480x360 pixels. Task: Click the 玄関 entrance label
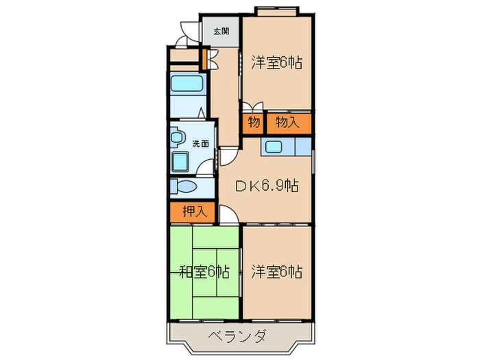pos(220,32)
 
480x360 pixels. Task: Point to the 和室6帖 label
pos(204,272)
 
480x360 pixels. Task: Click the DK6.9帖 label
pos(267,186)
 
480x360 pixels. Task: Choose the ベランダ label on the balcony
pos(238,337)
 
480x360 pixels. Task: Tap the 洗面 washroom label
pos(200,144)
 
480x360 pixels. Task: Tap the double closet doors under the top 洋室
pos(252,107)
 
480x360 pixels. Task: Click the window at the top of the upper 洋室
pos(277,9)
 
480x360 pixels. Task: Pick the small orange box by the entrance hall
pos(204,57)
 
